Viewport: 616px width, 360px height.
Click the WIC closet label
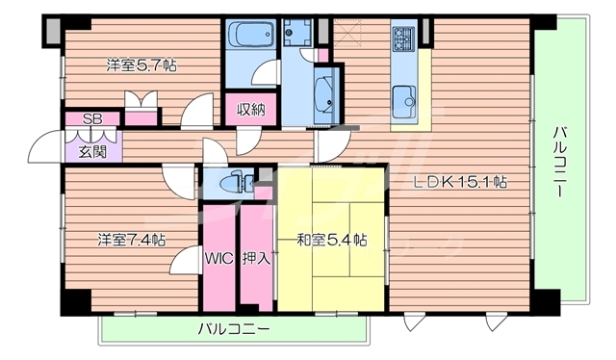tap(217, 258)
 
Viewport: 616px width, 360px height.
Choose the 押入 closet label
tap(255, 258)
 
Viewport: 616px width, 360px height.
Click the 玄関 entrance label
tap(92, 150)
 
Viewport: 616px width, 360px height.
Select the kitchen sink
tap(403, 96)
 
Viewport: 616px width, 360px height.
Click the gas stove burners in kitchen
tap(402, 39)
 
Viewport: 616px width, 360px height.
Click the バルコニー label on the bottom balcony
tap(234, 328)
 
